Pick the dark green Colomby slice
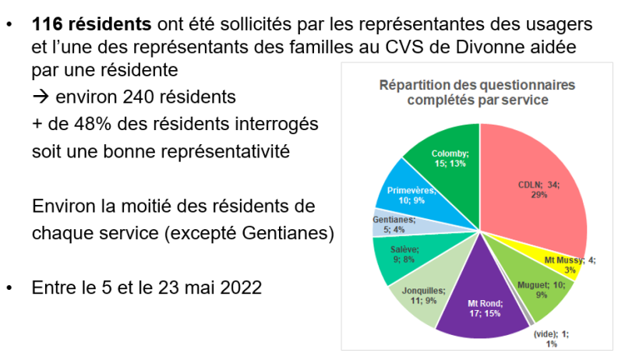point(448,156)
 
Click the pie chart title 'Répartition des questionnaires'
point(476,85)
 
